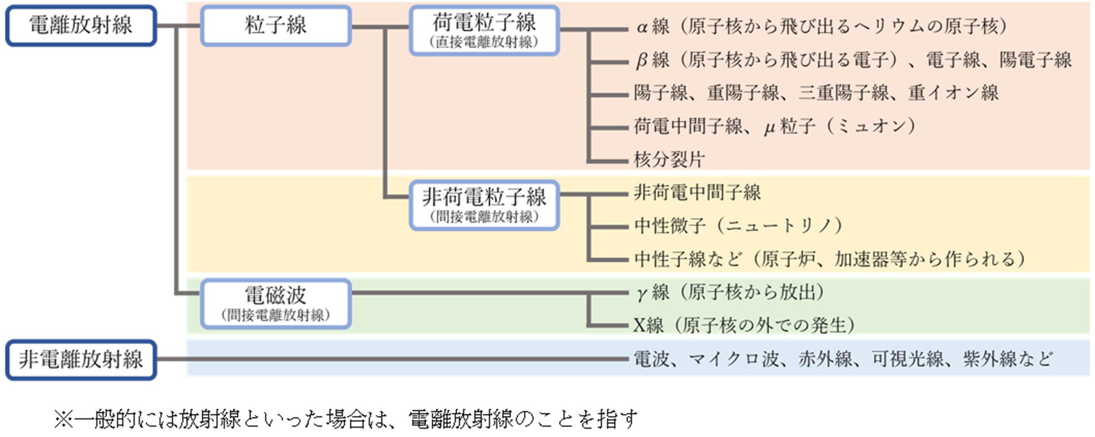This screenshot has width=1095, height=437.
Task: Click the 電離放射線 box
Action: (x=81, y=26)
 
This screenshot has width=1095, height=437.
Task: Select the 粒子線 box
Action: (x=276, y=26)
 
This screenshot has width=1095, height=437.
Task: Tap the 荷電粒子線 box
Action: (x=484, y=30)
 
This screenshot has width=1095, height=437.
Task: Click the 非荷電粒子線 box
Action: (x=484, y=205)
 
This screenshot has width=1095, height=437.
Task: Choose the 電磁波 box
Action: (x=276, y=303)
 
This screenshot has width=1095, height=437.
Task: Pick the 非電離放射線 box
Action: (x=81, y=359)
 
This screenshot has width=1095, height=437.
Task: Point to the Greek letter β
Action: (x=642, y=60)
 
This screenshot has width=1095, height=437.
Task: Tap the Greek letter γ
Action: (x=642, y=293)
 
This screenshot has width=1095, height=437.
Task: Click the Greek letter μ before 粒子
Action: (x=770, y=128)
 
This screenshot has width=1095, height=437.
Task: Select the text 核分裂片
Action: (x=669, y=159)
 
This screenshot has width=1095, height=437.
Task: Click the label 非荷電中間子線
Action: (x=697, y=193)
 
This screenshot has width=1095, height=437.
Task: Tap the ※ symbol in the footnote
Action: (x=63, y=419)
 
